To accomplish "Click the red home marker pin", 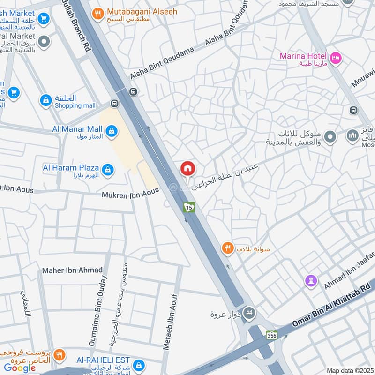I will pyautogui.click(x=187, y=168).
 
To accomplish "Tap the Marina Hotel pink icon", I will pyautogui.click(x=336, y=58).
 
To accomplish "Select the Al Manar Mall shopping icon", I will pyautogui.click(x=111, y=131).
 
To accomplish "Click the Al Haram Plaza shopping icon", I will pyautogui.click(x=107, y=170).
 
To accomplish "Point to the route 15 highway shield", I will pyautogui.click(x=189, y=207).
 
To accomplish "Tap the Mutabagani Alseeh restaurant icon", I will pyautogui.click(x=98, y=14).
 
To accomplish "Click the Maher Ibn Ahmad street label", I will pyautogui.click(x=66, y=270).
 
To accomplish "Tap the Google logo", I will pyautogui.click(x=20, y=367).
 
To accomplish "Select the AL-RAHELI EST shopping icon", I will pyautogui.click(x=138, y=365).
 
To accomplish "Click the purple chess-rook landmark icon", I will pyautogui.click(x=311, y=281).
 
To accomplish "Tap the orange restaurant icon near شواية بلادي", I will pyautogui.click(x=227, y=248).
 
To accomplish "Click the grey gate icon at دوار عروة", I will pyautogui.click(x=250, y=313).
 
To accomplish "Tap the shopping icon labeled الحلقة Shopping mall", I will pyautogui.click(x=45, y=101).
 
